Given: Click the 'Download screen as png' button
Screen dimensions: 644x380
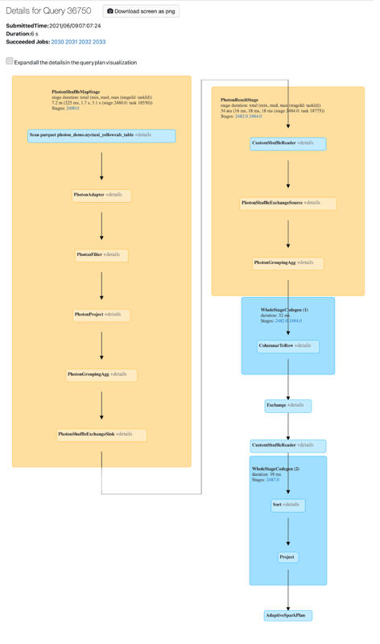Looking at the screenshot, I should pos(141,11).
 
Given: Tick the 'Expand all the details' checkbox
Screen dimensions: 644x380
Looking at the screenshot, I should pos(10,61).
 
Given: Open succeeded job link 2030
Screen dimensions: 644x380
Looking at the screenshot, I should pos(57,42).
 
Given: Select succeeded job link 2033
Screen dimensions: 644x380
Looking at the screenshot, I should pos(99,42).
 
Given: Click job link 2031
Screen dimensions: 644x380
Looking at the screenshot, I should pos(72,42).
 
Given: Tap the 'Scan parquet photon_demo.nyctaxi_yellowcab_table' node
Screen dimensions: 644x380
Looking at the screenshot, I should pos(101,135).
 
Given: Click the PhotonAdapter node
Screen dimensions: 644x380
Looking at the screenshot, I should pos(101,195).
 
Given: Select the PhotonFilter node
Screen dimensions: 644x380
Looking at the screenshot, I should pos(101,255).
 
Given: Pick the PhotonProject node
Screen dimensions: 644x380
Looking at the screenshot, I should pos(101,315).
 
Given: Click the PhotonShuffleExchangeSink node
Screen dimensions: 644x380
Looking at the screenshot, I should pos(101,435).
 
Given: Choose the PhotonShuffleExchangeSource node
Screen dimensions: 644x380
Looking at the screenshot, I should pos(287,203).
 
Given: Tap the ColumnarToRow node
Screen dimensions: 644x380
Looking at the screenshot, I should pos(287,346).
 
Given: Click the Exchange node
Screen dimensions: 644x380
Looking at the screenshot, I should pos(287,406).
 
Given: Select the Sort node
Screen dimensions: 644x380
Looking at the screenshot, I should pos(287,506).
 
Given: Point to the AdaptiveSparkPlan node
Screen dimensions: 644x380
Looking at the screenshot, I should pos(287,616).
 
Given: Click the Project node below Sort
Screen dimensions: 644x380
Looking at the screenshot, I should pos(287,557).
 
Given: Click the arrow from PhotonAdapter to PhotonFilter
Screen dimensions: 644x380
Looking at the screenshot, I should pos(101,225).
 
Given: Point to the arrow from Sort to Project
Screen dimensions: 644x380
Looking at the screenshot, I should pos(287,531).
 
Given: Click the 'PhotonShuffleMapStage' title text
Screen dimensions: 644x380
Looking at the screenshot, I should pos(76,92).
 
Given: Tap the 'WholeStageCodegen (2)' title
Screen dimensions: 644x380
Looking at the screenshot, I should pos(275,469).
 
